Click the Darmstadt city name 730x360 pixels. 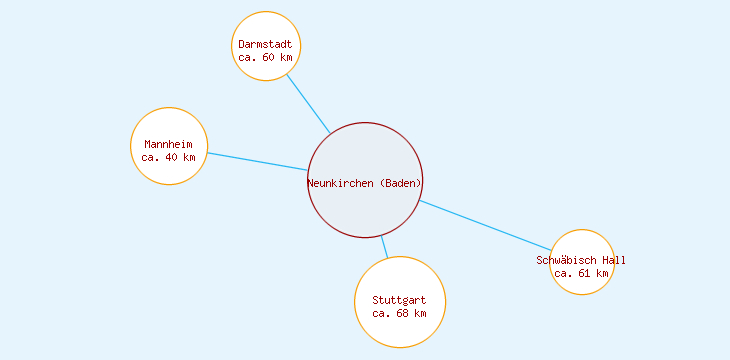click(x=265, y=44)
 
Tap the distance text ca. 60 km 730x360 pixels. click(x=265, y=57)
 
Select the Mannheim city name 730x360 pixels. click(x=168, y=144)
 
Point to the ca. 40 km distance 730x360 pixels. click(x=168, y=157)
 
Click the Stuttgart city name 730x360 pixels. click(x=399, y=300)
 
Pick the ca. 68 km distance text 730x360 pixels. click(x=399, y=313)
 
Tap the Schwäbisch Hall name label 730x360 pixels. click(x=581, y=260)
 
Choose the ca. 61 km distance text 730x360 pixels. click(x=581, y=273)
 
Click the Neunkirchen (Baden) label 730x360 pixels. click(x=365, y=183)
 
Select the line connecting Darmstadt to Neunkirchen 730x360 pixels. click(x=308, y=103)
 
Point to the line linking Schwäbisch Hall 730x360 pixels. click(x=485, y=226)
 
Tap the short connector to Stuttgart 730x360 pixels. click(x=384, y=248)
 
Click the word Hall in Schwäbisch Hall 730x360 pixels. click(x=613, y=260)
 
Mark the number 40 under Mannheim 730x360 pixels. click(x=171, y=157)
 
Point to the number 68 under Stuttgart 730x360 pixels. click(x=402, y=313)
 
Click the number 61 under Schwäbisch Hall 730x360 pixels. click(x=584, y=273)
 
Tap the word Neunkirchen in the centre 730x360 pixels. click(x=341, y=183)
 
